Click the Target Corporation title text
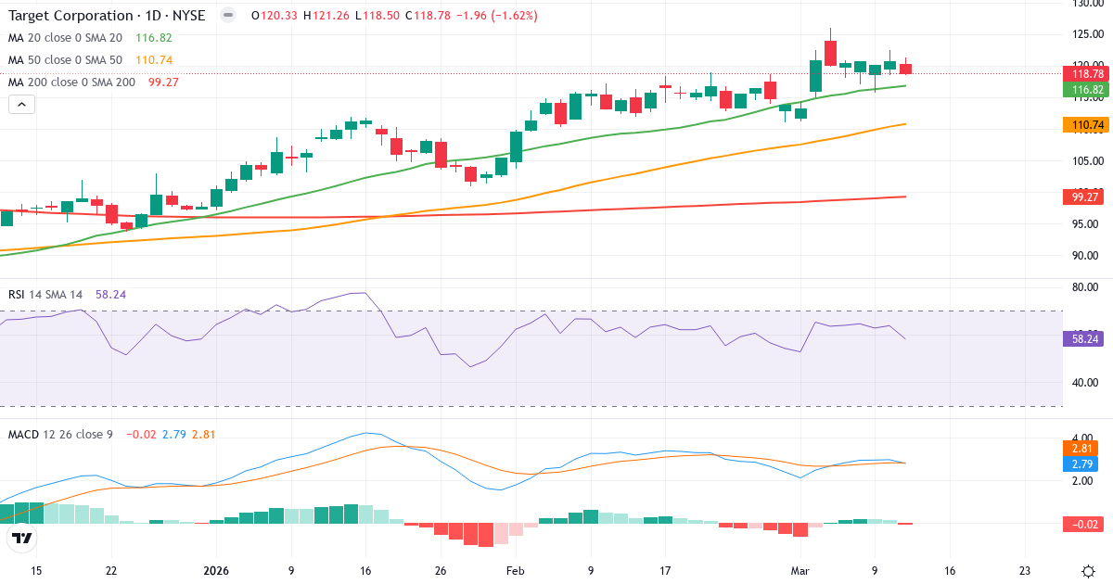[x=70, y=16]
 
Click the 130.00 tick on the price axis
[x=1087, y=4]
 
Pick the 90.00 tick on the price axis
[x=1087, y=256]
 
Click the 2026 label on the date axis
[x=215, y=571]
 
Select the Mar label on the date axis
[x=800, y=571]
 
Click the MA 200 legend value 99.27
[x=163, y=82]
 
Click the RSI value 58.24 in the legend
[x=110, y=295]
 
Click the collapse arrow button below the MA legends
[x=21, y=104]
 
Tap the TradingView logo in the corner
[x=22, y=539]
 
